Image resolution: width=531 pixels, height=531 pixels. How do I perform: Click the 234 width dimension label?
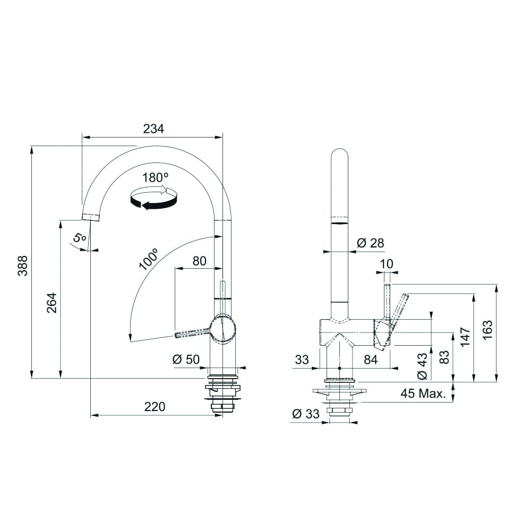pyautogui.click(x=153, y=129)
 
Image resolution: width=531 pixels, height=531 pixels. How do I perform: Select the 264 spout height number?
pyautogui.click(x=52, y=302)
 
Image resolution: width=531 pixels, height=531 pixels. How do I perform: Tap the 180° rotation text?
pyautogui.click(x=155, y=178)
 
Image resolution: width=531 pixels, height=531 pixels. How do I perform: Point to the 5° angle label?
pyautogui.click(x=80, y=238)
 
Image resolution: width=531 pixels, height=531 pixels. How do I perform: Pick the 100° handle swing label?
pyautogui.click(x=149, y=260)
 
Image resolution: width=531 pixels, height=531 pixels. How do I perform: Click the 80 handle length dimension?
pyautogui.click(x=199, y=261)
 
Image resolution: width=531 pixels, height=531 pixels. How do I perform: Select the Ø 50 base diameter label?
pyautogui.click(x=186, y=359)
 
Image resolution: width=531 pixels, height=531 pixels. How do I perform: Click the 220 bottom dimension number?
pyautogui.click(x=155, y=407)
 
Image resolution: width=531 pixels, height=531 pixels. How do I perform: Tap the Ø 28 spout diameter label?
pyautogui.click(x=370, y=243)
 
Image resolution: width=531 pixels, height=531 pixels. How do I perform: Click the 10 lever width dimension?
pyautogui.click(x=387, y=263)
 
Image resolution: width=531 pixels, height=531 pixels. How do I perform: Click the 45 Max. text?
pyautogui.click(x=423, y=394)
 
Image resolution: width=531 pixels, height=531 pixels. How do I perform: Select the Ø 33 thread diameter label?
pyautogui.click(x=305, y=414)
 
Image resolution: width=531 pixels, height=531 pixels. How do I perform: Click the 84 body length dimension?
pyautogui.click(x=370, y=359)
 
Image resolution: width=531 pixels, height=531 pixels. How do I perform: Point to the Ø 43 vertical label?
pyautogui.click(x=422, y=367)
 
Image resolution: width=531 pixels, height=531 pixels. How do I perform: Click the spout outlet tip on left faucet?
pyautogui.click(x=91, y=217)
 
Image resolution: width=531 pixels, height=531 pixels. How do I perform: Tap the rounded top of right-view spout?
pyautogui.click(x=340, y=154)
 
